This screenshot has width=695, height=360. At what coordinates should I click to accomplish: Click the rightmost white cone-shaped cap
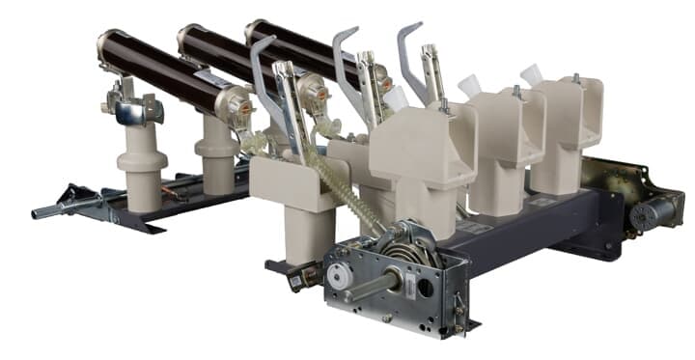pyautogui.click(x=531, y=74)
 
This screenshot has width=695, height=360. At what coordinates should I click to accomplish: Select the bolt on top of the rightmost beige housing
pyautogui.click(x=575, y=78)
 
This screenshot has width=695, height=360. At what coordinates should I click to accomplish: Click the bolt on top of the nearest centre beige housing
pyautogui.click(x=446, y=106)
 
